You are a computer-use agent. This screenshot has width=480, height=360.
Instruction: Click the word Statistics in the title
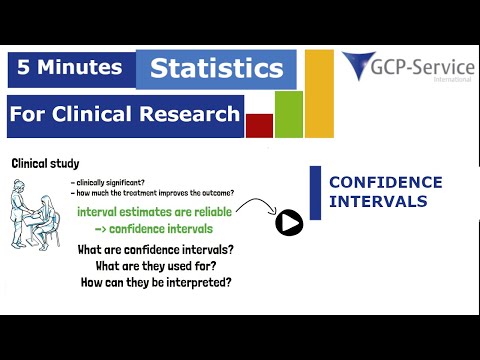pyautogui.click(x=216, y=69)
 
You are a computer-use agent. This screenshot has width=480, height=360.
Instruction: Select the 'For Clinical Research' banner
pyautogui.click(x=125, y=113)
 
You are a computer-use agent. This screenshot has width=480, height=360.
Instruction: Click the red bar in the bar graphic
pyautogui.click(x=259, y=125)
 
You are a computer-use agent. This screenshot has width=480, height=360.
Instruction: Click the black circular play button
pyautogui.click(x=290, y=222)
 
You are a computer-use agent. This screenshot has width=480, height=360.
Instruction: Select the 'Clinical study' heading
pyautogui.click(x=45, y=163)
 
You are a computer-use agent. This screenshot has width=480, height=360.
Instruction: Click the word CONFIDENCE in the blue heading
pyautogui.click(x=385, y=183)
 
